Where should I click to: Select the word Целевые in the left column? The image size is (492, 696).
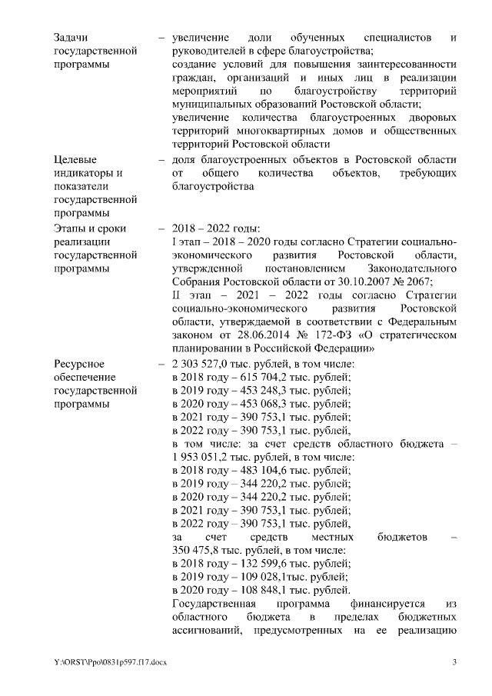point(75,159)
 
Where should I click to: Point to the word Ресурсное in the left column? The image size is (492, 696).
point(79,362)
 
